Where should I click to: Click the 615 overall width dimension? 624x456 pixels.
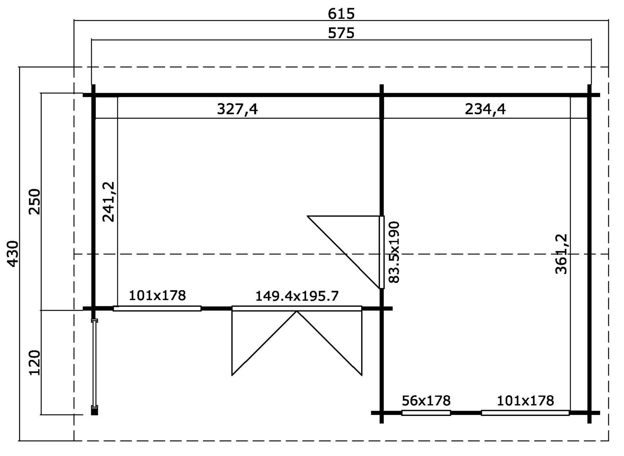point(341,14)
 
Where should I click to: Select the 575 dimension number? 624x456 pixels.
point(341,33)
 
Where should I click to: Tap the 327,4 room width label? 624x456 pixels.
point(238,109)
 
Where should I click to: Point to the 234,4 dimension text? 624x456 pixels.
point(485,109)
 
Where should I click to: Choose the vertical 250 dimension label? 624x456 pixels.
point(35,202)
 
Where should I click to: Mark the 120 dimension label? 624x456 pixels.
point(35,363)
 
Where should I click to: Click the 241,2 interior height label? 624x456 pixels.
point(109,202)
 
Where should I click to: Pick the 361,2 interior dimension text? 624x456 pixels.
point(561,254)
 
